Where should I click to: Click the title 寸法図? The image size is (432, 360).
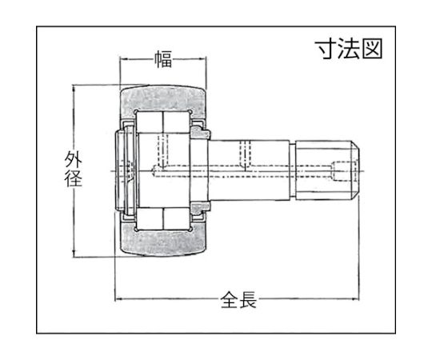(x=350, y=49)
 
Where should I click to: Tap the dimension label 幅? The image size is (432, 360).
(x=163, y=59)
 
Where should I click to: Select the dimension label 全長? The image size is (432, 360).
(x=238, y=299)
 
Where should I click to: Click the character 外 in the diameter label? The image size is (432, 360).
(x=73, y=159)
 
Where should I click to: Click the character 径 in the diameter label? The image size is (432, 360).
(x=73, y=178)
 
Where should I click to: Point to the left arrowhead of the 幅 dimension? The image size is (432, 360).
(x=123, y=59)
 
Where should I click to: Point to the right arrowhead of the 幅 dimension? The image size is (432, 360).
(x=202, y=59)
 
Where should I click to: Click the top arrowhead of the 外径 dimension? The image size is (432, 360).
(x=74, y=89)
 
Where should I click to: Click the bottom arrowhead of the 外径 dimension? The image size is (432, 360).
(x=74, y=254)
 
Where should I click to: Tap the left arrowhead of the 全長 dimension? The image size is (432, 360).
(x=118, y=299)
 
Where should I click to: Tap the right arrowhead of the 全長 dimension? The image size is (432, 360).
(x=355, y=299)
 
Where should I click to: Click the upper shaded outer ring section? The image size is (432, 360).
(x=163, y=98)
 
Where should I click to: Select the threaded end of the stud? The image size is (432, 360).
(x=327, y=170)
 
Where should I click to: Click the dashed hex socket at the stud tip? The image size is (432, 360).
(x=345, y=171)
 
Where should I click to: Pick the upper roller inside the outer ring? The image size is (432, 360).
(x=163, y=122)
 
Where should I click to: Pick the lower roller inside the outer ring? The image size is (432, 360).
(x=163, y=218)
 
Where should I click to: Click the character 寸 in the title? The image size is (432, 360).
(x=327, y=49)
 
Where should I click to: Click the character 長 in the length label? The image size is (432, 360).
(x=248, y=299)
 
